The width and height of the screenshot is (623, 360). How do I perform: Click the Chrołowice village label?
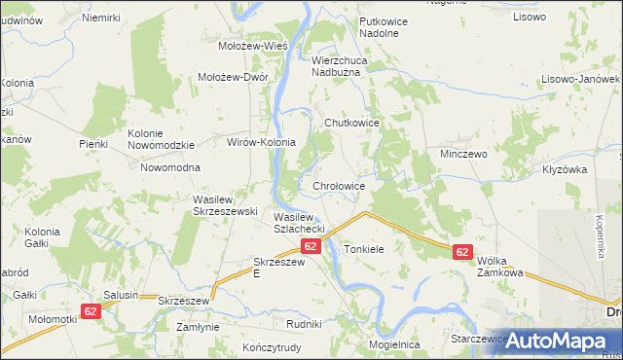(339, 185)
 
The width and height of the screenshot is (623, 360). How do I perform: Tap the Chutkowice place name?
(350, 123)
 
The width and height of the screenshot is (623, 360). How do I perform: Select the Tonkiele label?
(364, 249)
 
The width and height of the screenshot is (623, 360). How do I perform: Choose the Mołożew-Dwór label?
(233, 77)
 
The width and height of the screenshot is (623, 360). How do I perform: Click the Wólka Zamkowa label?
(501, 267)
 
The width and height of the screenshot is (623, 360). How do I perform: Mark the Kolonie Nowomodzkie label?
(162, 139)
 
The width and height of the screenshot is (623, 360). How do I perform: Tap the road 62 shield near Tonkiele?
(311, 247)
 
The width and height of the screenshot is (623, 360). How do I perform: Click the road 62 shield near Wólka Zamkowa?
(462, 252)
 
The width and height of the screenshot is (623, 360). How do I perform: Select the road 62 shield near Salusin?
(91, 311)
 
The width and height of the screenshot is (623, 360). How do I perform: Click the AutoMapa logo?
(554, 341)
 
